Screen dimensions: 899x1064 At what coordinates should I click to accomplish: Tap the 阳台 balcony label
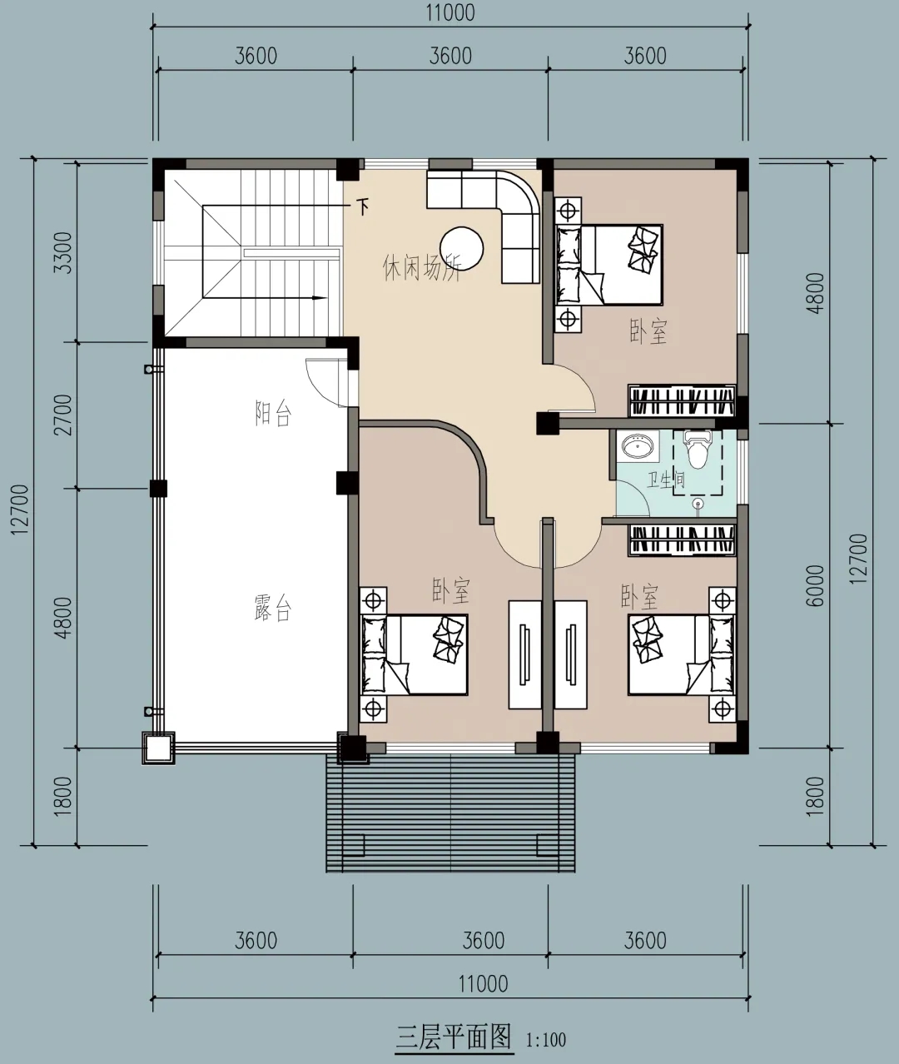coord(273,413)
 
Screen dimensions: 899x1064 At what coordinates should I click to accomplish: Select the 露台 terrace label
coord(273,608)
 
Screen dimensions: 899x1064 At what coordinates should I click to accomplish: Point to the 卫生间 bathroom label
coord(666,480)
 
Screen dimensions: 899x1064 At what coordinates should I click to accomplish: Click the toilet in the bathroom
coord(697,449)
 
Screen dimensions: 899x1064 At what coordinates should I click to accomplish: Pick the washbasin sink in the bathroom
coord(638,447)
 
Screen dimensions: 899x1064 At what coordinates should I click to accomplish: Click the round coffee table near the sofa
coord(461,248)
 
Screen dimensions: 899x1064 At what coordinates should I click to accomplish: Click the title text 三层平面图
coord(454,1037)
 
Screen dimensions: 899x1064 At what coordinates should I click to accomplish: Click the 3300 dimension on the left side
coord(64,252)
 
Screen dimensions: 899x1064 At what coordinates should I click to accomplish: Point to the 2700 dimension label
coord(64,415)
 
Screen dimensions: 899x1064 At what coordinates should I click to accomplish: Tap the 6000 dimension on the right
coord(816,585)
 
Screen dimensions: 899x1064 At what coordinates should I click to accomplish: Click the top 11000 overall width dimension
coord(450,12)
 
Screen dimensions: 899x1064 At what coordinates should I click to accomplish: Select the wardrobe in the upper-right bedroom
coord(682,400)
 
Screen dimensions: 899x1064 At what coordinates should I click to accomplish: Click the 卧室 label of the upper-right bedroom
coord(648,331)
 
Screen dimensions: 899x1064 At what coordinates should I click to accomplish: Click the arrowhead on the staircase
coord(319,298)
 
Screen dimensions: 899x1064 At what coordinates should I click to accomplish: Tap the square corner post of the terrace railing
coord(158,748)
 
